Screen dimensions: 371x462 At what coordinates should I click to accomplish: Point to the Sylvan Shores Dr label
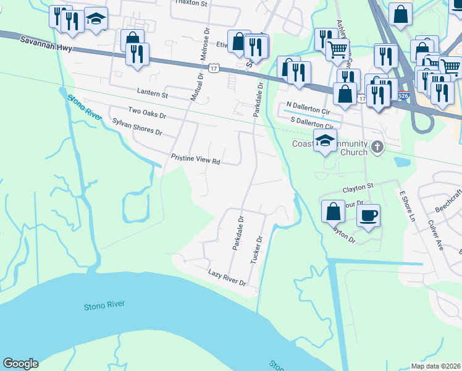click(136, 127)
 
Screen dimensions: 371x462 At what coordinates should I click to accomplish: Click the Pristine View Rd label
click(196, 160)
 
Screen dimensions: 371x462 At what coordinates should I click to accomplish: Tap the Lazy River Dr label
click(227, 277)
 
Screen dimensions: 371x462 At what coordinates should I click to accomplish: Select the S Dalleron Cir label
click(312, 123)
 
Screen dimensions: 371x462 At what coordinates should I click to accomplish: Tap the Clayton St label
click(359, 186)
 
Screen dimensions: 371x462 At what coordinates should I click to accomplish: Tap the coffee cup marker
click(369, 215)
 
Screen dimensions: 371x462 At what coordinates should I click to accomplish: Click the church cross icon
click(377, 147)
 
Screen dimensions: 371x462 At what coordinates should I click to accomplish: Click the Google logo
click(20, 364)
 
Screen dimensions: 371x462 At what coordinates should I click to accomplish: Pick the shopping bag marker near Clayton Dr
click(334, 211)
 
